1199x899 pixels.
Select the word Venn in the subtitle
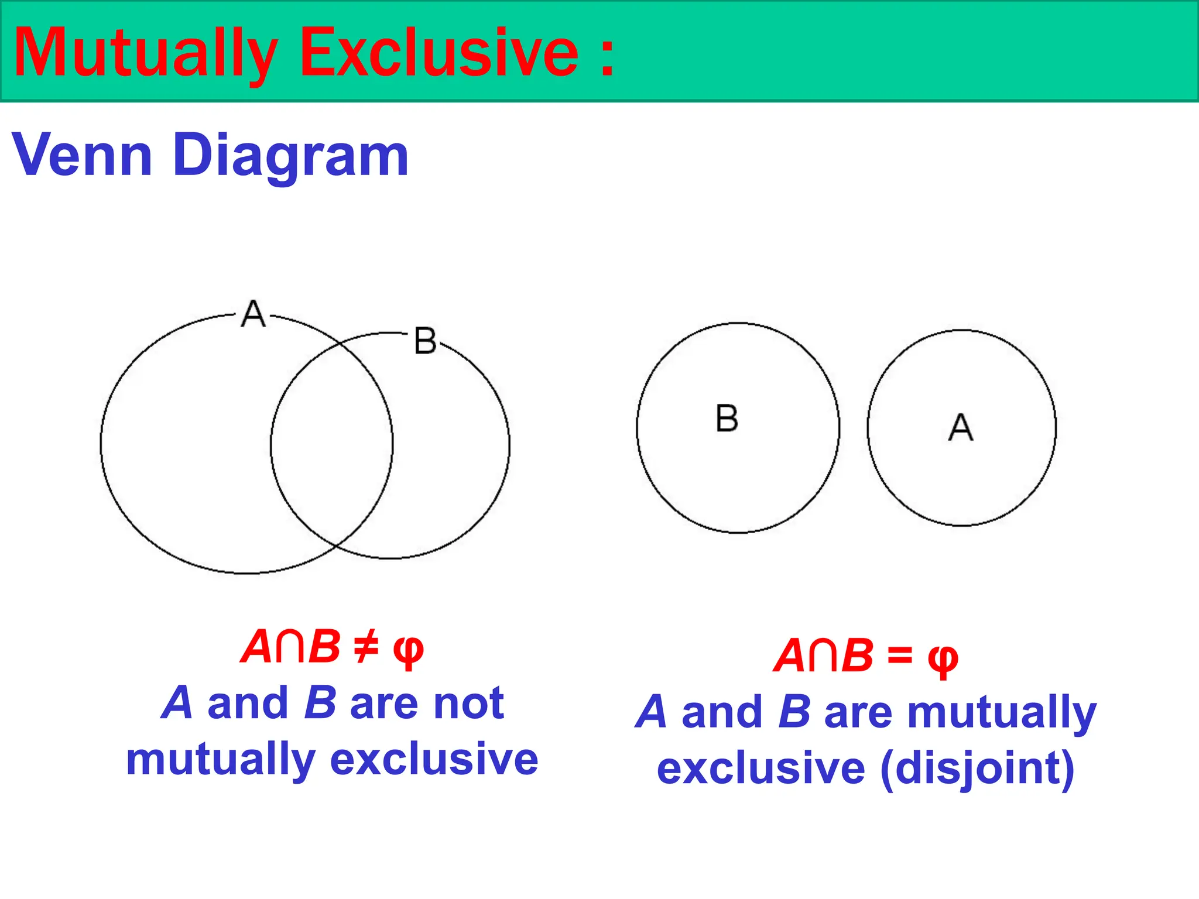82,155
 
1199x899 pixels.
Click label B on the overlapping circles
425,341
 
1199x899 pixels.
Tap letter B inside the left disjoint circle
727,418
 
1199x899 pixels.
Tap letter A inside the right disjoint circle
960,427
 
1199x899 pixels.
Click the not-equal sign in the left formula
366,648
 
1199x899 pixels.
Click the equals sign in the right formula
900,655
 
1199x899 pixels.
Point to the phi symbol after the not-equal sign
408,651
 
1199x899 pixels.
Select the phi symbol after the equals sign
943,658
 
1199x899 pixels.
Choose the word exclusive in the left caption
434,759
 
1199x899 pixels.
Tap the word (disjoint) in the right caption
977,768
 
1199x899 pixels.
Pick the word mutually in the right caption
1002,712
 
